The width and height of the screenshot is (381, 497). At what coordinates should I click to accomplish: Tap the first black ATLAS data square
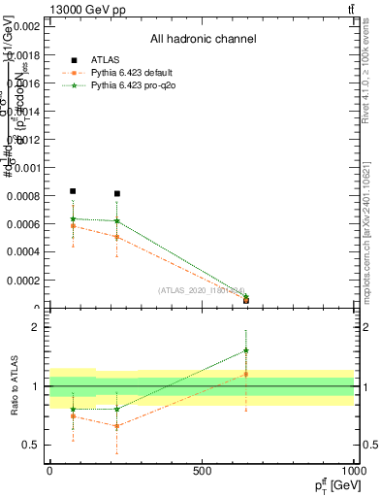coord(73,192)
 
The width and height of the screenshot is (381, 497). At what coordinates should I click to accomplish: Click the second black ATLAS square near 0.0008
coord(117,194)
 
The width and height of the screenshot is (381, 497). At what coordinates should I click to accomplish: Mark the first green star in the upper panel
coord(73,218)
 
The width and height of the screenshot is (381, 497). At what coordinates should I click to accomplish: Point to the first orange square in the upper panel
coord(73,226)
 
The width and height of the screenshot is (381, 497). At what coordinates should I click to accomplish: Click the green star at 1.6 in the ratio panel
coord(246,350)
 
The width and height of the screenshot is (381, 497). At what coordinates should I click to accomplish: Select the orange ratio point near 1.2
coord(246,374)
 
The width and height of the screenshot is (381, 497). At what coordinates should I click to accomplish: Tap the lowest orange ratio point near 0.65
coord(117,426)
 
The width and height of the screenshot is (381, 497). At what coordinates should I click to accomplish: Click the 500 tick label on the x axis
coord(202,471)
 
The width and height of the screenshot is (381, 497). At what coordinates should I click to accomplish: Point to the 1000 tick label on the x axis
coord(353,471)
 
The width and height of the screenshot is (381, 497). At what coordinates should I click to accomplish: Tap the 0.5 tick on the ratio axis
coord(31,445)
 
